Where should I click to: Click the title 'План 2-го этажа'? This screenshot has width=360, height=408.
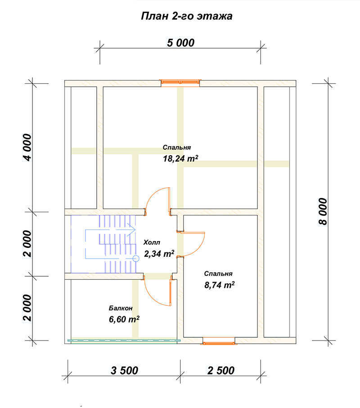click(x=186, y=16)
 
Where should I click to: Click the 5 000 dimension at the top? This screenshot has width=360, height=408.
click(x=180, y=43)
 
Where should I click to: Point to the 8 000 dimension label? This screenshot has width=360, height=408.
click(x=323, y=211)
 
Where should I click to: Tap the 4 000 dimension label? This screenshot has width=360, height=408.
click(x=27, y=147)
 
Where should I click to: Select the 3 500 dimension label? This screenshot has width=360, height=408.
click(x=125, y=370)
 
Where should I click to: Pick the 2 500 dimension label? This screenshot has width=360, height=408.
click(x=221, y=370)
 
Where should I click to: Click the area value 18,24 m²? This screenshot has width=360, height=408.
click(x=180, y=158)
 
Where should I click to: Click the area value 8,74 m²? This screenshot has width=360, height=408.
click(x=220, y=285)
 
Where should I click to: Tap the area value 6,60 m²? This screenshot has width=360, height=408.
click(x=124, y=319)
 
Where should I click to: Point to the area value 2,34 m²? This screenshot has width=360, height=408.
click(x=159, y=253)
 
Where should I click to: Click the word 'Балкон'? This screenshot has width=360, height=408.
click(x=121, y=308)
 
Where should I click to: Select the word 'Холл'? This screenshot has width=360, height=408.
click(x=152, y=242)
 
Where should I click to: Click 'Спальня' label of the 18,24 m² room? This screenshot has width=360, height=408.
click(x=177, y=147)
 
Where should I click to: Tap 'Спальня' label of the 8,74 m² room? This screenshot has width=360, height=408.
click(x=218, y=273)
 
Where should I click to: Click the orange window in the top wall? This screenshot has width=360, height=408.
click(x=180, y=82)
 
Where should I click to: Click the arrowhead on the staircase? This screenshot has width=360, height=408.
click(x=132, y=230)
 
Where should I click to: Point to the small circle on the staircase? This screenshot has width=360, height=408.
click(x=136, y=258)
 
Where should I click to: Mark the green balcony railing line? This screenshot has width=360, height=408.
click(x=124, y=341)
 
